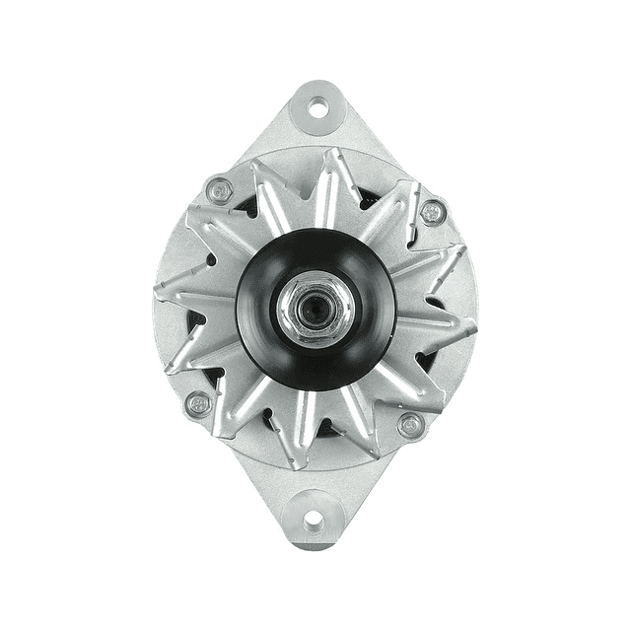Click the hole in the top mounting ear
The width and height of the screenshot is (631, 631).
[x=317, y=105]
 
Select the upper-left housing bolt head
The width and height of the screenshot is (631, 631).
[x=219, y=188]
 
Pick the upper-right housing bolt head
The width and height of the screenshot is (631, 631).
[x=432, y=211]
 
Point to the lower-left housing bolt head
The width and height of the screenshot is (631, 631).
[x=198, y=403]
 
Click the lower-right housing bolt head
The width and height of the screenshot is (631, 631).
[x=412, y=425]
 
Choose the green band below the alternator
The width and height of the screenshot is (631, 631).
[x=315, y=592]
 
